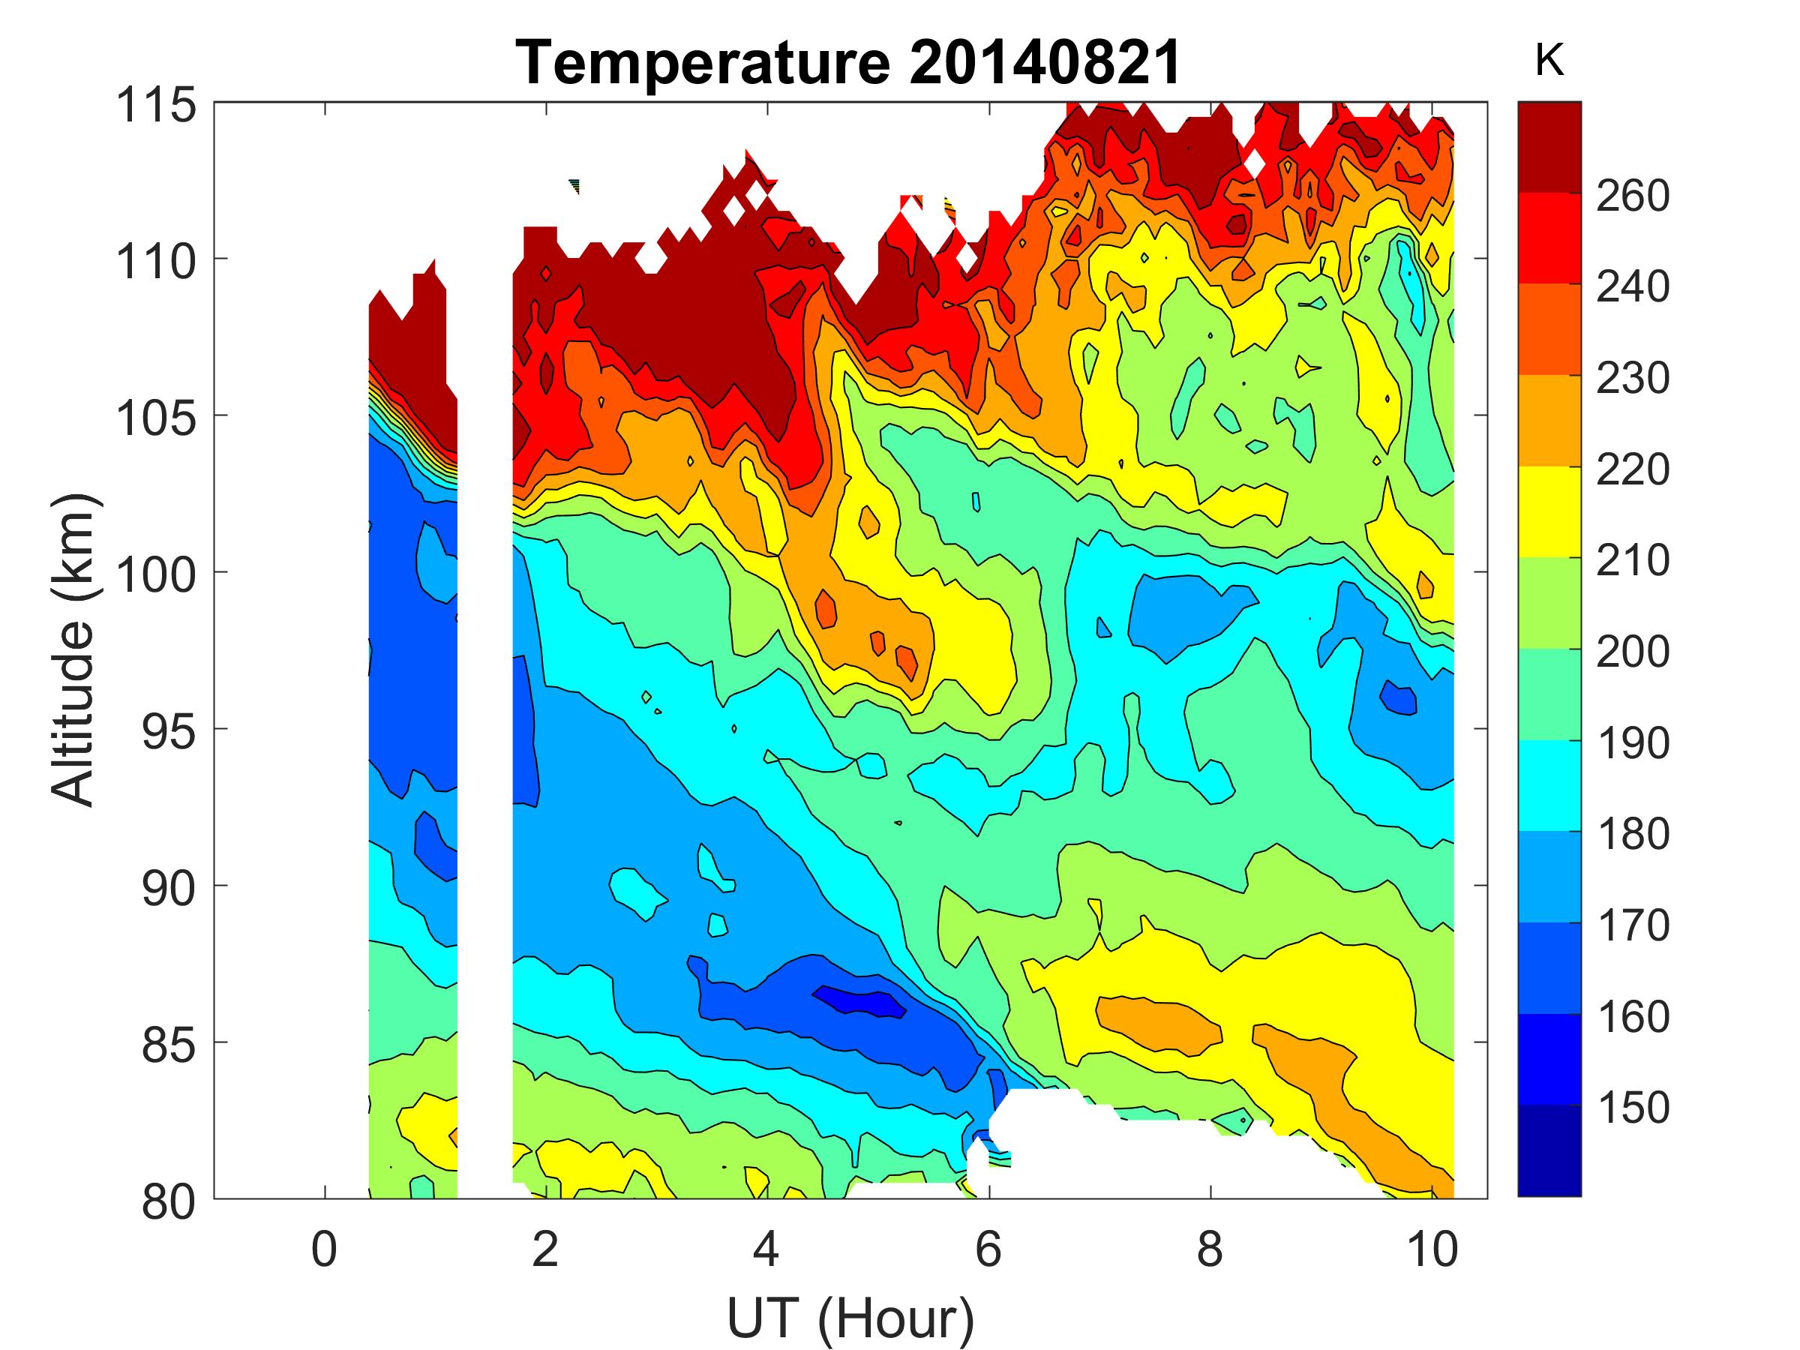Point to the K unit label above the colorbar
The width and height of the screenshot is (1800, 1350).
(x=1549, y=60)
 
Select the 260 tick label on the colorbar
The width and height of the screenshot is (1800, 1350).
(x=1632, y=195)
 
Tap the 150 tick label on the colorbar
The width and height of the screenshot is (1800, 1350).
(x=1632, y=1108)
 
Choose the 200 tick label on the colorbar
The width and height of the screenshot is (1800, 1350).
(x=1632, y=651)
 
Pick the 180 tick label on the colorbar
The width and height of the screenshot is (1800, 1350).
(x=1632, y=833)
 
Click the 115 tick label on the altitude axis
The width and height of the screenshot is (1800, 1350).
(x=156, y=105)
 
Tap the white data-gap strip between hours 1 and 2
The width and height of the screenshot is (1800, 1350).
(x=484, y=732)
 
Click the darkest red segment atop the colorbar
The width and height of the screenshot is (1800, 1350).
(x=1549, y=146)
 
